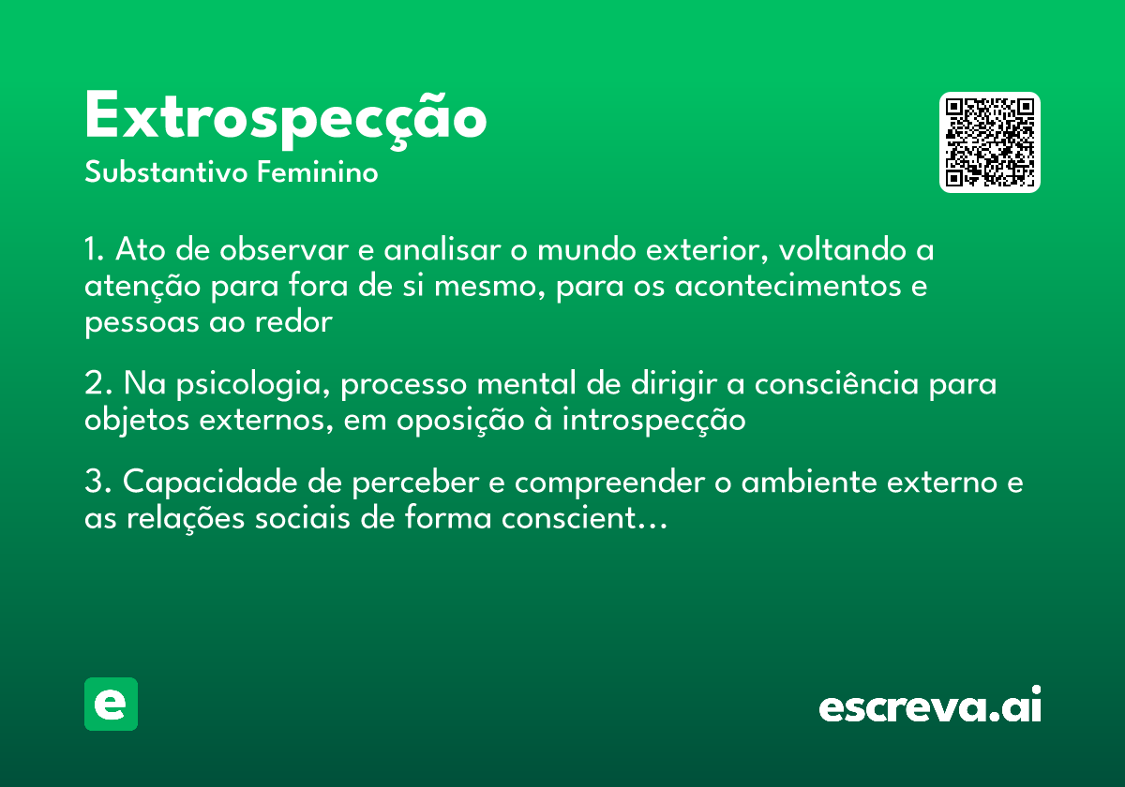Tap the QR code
pos(990,142)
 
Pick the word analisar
pos(445,251)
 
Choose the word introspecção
pos(653,421)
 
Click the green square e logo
pos(111,704)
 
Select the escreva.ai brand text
pos(930,706)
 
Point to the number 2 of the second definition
pos(94,385)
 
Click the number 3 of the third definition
pos(94,483)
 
